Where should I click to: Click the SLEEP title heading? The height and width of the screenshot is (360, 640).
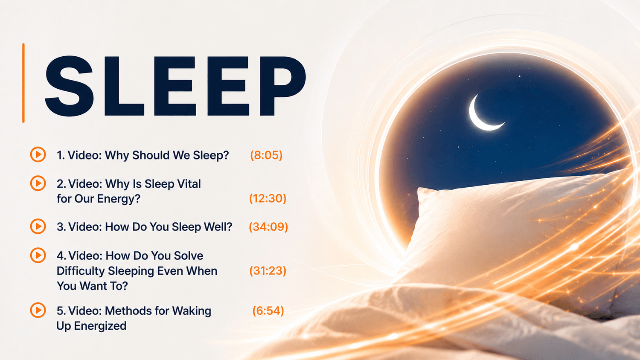pos(175,86)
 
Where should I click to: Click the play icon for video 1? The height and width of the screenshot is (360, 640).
pos(38,154)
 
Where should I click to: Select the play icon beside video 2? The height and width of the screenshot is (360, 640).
pos(38,183)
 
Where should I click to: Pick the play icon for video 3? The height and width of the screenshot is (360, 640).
pos(38,226)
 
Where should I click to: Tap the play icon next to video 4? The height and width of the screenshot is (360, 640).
pos(38,255)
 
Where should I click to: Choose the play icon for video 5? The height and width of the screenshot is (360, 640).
pos(38,310)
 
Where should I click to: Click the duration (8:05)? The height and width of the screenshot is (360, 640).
pos(266,155)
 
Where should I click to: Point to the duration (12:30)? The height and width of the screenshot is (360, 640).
pos(268,198)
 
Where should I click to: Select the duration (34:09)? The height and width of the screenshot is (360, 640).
pos(268,227)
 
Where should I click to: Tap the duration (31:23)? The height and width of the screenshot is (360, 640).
pos(268,270)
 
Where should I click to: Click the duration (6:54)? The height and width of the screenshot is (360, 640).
pos(268,311)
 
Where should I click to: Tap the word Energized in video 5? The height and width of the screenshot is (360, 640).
pos(100,326)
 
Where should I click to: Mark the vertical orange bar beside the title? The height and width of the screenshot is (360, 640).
pos(23,83)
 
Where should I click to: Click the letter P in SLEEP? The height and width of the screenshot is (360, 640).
pos(282,86)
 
